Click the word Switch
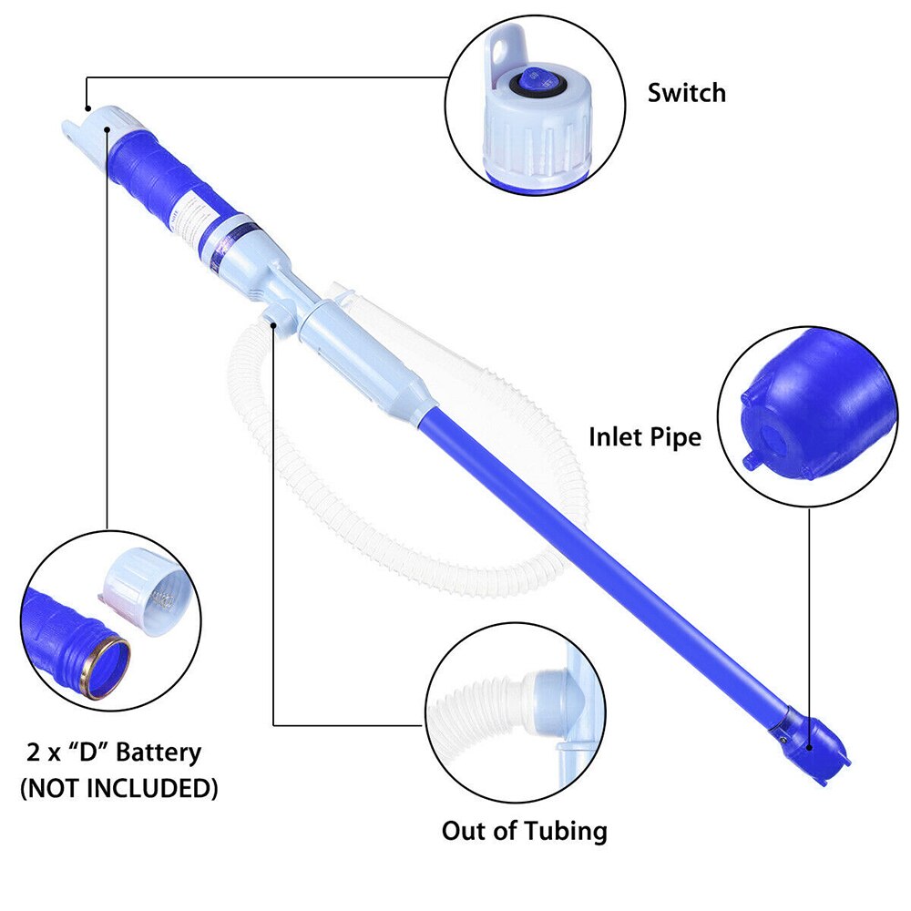(x=687, y=93)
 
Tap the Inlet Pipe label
(x=645, y=437)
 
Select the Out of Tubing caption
(x=525, y=831)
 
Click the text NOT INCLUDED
(x=119, y=788)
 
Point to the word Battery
(x=158, y=752)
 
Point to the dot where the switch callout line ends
(x=87, y=108)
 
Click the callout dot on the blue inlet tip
(x=809, y=748)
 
